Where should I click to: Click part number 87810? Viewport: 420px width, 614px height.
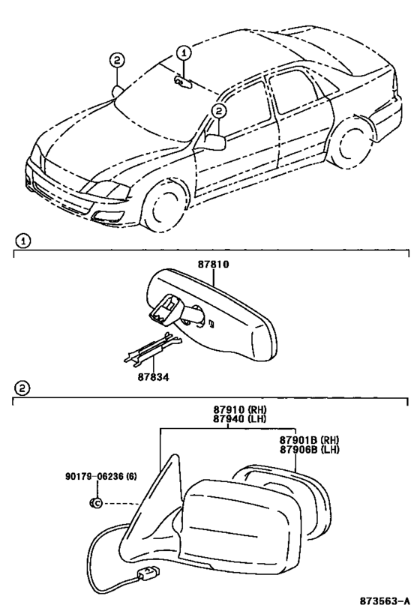[x=213, y=265]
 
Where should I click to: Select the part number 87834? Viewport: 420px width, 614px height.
[x=153, y=378]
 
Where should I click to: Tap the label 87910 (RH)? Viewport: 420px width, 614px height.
[x=240, y=409]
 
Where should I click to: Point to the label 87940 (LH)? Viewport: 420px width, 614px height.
[x=240, y=418]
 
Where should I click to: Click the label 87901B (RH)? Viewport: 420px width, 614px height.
[x=310, y=440]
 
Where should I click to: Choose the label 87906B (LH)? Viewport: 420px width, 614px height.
[x=310, y=450]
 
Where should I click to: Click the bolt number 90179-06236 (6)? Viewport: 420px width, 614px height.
[x=101, y=477]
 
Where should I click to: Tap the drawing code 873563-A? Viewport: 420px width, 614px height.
[x=385, y=601]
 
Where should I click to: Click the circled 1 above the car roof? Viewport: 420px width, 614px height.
[x=183, y=52]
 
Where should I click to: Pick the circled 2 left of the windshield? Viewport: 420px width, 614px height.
[x=117, y=61]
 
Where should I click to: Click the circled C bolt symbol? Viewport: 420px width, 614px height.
[x=96, y=502]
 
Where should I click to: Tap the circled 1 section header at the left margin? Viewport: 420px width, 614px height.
[x=23, y=241]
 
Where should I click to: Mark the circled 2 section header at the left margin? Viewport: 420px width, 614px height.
[x=22, y=388]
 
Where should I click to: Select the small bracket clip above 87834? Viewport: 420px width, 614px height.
[x=152, y=347]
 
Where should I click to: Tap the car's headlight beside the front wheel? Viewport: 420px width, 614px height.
[x=106, y=190]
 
